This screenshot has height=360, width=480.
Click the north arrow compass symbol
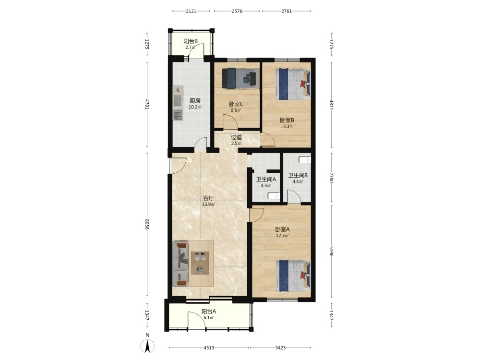(147, 346)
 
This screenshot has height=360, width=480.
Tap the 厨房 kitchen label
(195, 101)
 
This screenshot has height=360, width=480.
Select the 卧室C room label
(236, 104)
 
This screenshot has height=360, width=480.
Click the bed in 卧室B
(293, 84)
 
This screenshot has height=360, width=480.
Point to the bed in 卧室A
(293, 276)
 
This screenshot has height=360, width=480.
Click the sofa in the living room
(180, 264)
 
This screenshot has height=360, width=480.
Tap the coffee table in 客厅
(200, 263)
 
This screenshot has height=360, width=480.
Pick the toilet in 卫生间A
(274, 196)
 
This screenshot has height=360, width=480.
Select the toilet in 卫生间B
(305, 160)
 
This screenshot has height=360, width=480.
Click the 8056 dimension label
(147, 225)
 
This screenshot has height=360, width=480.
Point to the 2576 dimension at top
(237, 12)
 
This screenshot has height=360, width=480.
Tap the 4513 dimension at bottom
(209, 348)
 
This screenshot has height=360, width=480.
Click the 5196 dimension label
(331, 251)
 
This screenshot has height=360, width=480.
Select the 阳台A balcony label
(209, 312)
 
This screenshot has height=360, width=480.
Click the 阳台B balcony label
(191, 41)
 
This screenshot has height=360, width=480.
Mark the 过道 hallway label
(236, 137)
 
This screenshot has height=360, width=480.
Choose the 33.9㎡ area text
(208, 205)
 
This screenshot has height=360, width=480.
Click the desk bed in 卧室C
(240, 78)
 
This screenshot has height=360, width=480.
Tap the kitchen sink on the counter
(178, 115)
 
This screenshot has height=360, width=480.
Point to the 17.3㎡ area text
(283, 236)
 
